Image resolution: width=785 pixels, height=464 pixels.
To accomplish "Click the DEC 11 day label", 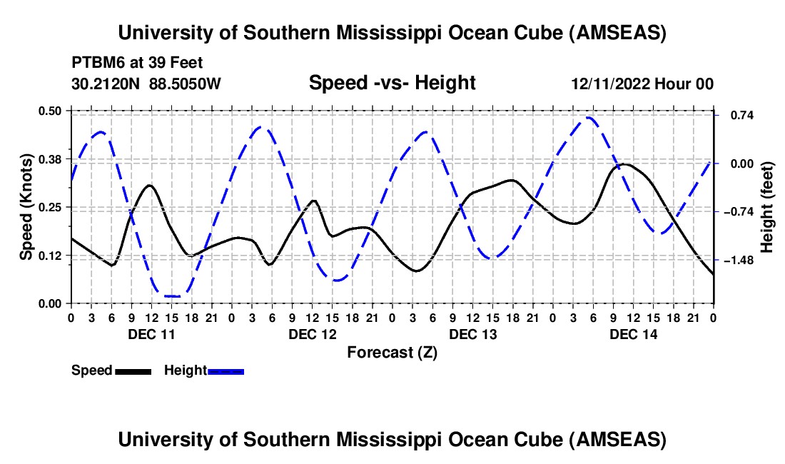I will tap(151, 334).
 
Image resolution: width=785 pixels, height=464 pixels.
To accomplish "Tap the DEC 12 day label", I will tap(312, 334).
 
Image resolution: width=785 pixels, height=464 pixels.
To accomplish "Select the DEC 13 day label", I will tap(472, 334).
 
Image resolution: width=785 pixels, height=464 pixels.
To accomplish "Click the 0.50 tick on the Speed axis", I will tap(49, 110).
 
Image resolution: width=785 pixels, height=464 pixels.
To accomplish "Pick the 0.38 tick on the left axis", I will tap(49, 158).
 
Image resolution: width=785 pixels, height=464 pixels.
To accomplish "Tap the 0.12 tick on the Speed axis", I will tap(49, 255).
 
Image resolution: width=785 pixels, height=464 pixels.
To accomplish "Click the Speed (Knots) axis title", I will tap(26, 206).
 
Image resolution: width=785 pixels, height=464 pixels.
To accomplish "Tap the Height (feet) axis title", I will tap(766, 206).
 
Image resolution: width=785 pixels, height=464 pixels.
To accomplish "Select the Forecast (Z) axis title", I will tap(392, 352).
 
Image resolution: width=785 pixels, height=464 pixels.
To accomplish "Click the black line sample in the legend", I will tap(133, 370).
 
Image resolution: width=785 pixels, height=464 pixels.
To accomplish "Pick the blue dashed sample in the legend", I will tap(226, 370).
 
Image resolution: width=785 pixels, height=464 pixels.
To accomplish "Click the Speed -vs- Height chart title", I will tap(392, 83).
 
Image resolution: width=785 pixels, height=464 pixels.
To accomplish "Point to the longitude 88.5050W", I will tap(186, 84).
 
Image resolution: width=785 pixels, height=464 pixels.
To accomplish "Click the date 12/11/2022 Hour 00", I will tap(642, 84).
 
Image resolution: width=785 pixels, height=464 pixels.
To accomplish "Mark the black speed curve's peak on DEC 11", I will tap(149, 185).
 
